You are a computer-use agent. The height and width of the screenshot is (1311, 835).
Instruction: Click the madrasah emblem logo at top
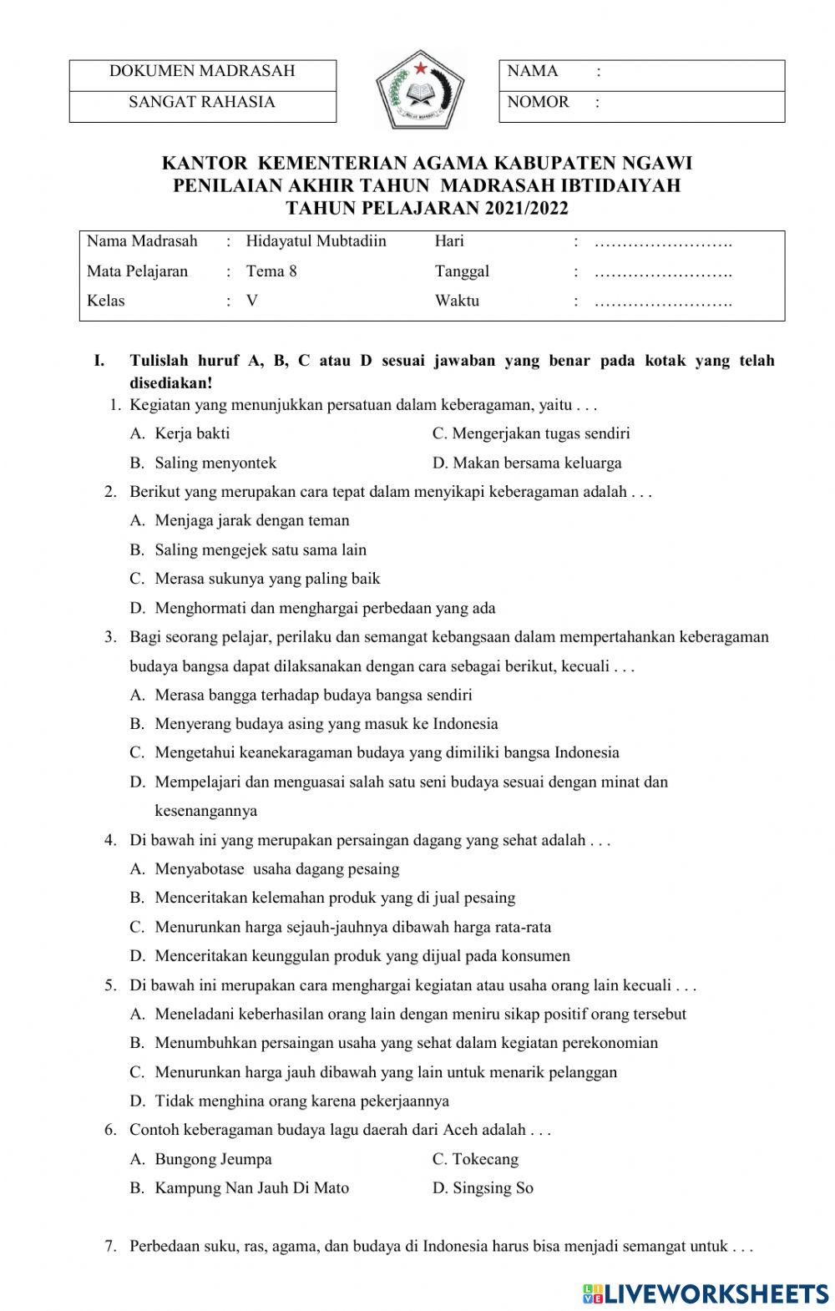(418, 90)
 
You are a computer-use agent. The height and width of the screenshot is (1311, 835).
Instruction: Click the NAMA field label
(533, 72)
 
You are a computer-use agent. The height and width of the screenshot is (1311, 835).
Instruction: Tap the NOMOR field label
(539, 102)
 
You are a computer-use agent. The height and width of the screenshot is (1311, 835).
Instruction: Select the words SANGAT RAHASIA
(202, 102)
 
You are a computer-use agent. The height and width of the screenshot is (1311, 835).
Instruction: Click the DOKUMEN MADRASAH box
(202, 71)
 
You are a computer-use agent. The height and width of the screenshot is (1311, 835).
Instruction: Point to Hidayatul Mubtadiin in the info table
(316, 241)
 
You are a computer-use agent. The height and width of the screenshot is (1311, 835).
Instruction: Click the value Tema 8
(271, 271)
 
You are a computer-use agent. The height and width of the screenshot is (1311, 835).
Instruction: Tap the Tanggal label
(462, 271)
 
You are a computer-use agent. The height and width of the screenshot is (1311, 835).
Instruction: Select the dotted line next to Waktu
(663, 301)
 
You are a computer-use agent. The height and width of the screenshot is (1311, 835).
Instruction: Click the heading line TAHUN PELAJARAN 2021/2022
(427, 209)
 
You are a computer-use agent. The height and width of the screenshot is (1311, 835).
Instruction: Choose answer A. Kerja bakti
(180, 433)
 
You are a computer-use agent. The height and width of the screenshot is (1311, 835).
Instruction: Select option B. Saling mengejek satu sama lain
(249, 549)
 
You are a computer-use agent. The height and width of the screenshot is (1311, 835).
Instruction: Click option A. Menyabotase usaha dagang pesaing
(266, 869)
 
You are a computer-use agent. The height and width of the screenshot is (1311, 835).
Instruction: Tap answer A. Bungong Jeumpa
(201, 1159)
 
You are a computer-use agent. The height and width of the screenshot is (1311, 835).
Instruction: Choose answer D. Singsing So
(483, 1188)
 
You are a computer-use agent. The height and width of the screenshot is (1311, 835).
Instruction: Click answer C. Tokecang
(475, 1159)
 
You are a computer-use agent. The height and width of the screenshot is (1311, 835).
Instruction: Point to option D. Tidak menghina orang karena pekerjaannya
(291, 1101)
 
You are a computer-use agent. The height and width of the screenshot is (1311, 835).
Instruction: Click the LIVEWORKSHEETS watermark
(706, 1293)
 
